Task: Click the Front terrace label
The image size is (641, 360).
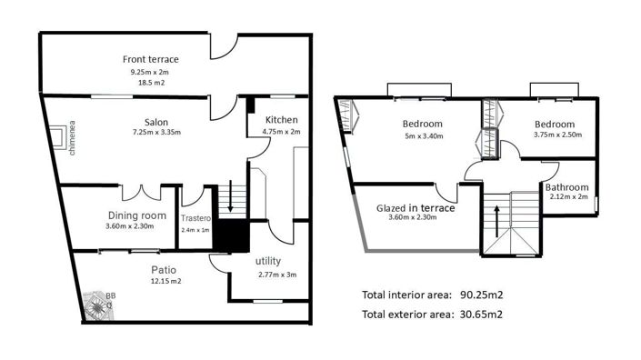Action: coord(151,60)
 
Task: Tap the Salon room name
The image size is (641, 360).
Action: coord(155,123)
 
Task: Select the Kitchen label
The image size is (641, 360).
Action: coord(282,121)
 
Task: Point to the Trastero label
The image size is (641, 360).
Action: coord(195,219)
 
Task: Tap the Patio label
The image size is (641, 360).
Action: coord(164,270)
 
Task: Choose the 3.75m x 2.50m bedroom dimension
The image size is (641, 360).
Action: coord(554,136)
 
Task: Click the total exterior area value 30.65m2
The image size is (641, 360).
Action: coord(479,315)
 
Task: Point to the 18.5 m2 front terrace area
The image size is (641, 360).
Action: coord(151,82)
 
